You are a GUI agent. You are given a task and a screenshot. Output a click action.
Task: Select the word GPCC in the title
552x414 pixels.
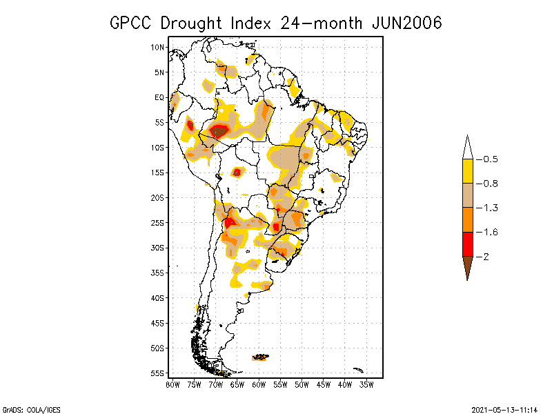132,23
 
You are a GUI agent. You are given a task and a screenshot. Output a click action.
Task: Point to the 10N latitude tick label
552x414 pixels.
157,47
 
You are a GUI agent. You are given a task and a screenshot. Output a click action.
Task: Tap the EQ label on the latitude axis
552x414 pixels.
159,97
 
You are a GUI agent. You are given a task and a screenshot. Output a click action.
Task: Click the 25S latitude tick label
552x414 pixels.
157,223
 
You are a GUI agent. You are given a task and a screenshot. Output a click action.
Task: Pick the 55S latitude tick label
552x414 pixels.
157,373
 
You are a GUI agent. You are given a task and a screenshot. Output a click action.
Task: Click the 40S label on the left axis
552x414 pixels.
157,298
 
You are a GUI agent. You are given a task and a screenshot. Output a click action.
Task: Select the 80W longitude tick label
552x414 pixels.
172,384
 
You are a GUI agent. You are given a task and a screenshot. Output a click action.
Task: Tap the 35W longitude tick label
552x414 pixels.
366,384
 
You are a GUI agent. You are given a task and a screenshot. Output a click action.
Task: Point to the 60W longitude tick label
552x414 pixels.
259,384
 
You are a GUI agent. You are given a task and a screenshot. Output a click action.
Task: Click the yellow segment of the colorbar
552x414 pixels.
467,171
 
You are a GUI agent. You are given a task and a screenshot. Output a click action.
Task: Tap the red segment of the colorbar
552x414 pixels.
467,244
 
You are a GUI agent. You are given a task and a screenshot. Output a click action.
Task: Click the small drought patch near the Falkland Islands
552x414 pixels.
261,357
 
